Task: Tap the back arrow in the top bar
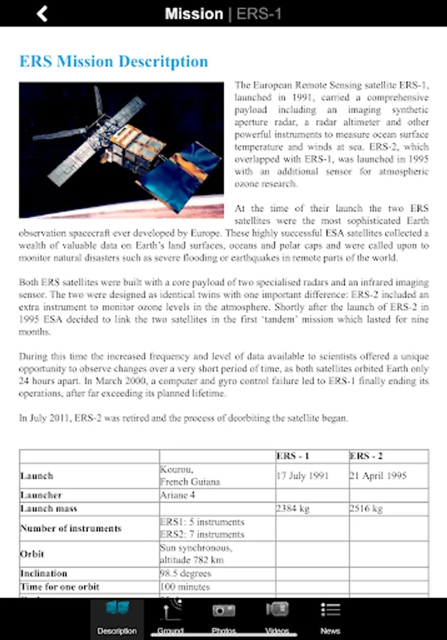click(43, 14)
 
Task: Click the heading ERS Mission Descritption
click(114, 61)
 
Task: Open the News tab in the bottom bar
click(330, 618)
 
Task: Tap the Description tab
click(117, 618)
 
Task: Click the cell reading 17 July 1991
click(303, 476)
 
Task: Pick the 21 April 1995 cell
click(378, 476)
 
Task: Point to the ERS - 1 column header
click(293, 456)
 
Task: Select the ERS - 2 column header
click(367, 456)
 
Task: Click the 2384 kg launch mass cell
click(293, 508)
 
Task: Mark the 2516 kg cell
click(367, 508)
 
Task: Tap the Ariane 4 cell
click(178, 495)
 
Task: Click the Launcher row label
click(41, 495)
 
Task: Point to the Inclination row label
click(44, 573)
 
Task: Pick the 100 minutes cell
click(185, 587)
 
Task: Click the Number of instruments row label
click(71, 528)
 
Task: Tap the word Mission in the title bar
click(193, 14)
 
